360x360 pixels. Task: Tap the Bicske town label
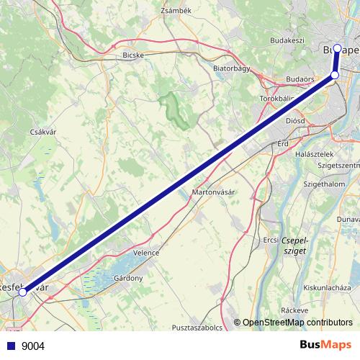(x=134, y=54)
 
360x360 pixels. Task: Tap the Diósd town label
(x=294, y=121)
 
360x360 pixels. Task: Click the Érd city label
(x=282, y=144)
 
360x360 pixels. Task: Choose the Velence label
(x=146, y=253)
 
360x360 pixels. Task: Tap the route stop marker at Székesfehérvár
(x=22, y=292)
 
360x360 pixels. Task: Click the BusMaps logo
(x=325, y=346)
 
